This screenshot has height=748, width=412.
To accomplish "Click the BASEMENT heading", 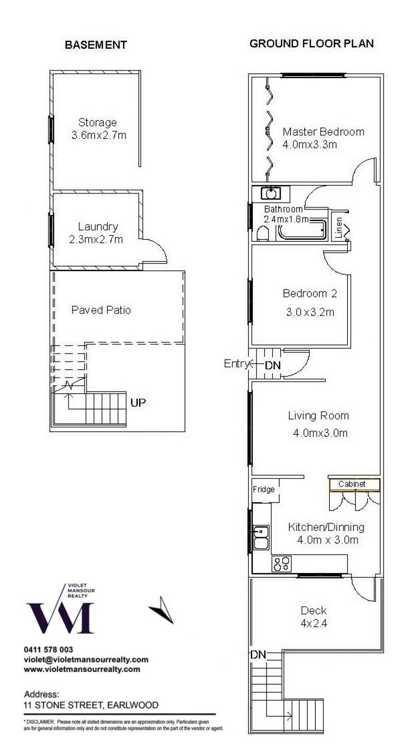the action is tap(96, 45).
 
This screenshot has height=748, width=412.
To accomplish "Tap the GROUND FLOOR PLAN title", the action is tap(312, 43).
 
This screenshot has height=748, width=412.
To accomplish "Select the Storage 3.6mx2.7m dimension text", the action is tap(99, 135).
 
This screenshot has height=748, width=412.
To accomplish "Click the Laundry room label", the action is tap(98, 227).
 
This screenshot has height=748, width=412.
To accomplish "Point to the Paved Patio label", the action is tap(101, 310).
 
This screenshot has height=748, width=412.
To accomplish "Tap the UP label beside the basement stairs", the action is tap(138, 403).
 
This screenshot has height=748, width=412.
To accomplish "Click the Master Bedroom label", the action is tap(323, 132).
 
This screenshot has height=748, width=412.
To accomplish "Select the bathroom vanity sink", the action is tap(270, 193).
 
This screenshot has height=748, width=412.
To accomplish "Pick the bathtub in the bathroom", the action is tap(302, 229).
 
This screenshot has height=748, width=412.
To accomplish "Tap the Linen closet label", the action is tap(339, 228).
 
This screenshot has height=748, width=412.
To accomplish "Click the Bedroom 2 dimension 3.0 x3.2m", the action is tap(310, 312).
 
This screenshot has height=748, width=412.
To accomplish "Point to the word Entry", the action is tap(236, 363).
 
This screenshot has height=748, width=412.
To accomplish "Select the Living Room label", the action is tap(318, 416).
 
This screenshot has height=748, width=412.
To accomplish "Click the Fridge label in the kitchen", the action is tap(264, 489).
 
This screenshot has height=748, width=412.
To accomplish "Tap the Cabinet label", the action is tap(352, 484).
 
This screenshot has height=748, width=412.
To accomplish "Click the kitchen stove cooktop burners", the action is tap(282, 564).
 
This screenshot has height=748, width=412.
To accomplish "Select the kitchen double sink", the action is tap(261, 538).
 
